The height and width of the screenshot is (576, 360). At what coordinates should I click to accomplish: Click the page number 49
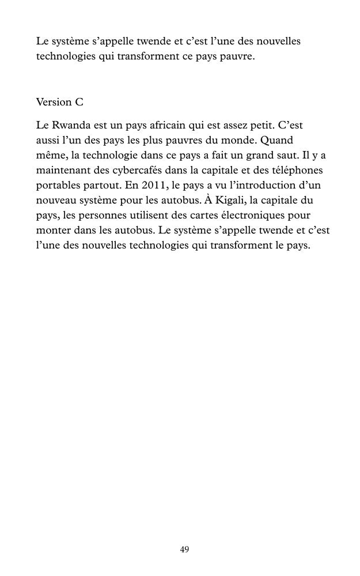coord(184,550)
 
